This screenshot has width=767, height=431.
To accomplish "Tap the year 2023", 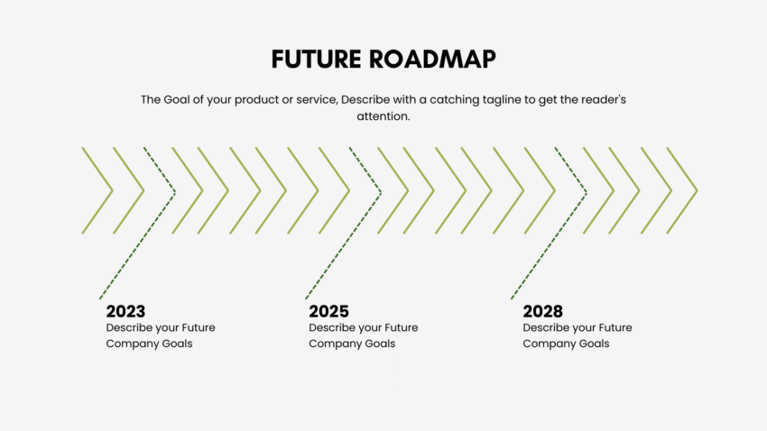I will (125, 311).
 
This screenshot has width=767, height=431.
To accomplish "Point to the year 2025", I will (328, 311).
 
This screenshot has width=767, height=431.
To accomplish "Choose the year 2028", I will (542, 311).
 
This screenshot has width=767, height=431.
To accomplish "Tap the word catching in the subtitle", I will (435, 99).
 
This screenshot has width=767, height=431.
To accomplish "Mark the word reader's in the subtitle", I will (600, 99).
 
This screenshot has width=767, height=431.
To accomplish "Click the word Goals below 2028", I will (591, 344).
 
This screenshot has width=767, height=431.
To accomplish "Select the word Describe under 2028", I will (548, 327).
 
